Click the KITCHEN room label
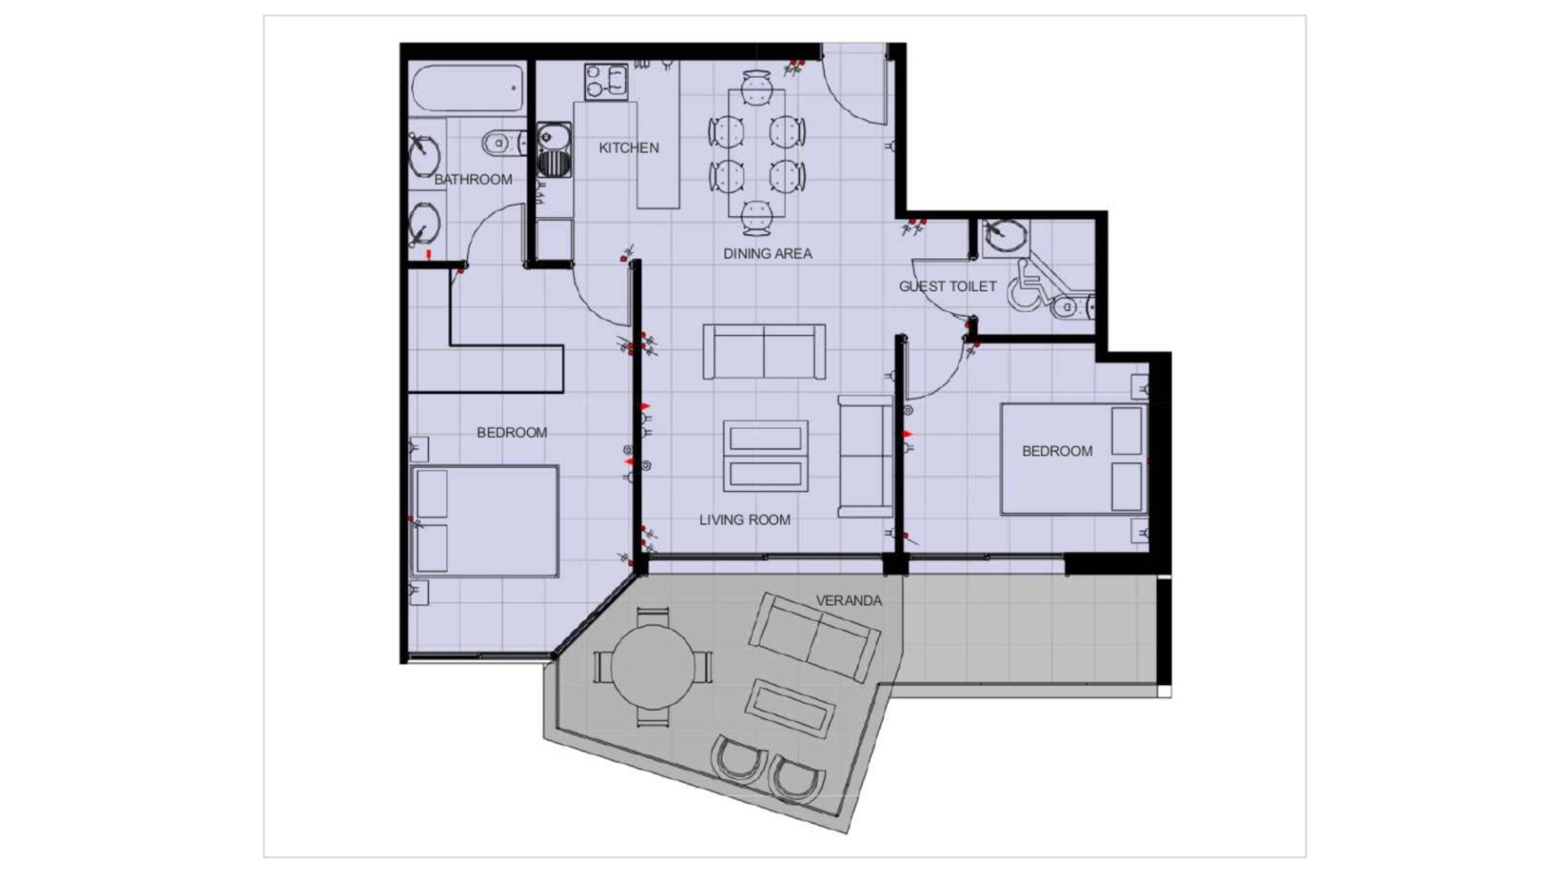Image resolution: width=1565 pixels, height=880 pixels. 628,148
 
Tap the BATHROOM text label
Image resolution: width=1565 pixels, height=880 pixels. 473,179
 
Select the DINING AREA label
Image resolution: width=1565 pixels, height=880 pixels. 767,254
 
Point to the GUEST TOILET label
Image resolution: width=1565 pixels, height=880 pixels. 947,286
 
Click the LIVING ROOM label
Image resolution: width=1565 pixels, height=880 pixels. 744,520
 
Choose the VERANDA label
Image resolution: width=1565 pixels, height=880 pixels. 849,600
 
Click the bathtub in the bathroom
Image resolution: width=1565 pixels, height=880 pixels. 467,88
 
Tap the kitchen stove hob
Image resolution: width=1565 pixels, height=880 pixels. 606,82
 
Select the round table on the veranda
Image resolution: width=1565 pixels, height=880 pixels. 652,667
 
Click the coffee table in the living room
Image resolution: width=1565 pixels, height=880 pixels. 765,456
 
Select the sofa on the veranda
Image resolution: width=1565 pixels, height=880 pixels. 814,635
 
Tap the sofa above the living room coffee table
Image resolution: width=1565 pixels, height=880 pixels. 764,352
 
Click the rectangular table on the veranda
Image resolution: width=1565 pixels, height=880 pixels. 790,706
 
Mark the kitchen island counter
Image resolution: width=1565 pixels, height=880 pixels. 658,135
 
